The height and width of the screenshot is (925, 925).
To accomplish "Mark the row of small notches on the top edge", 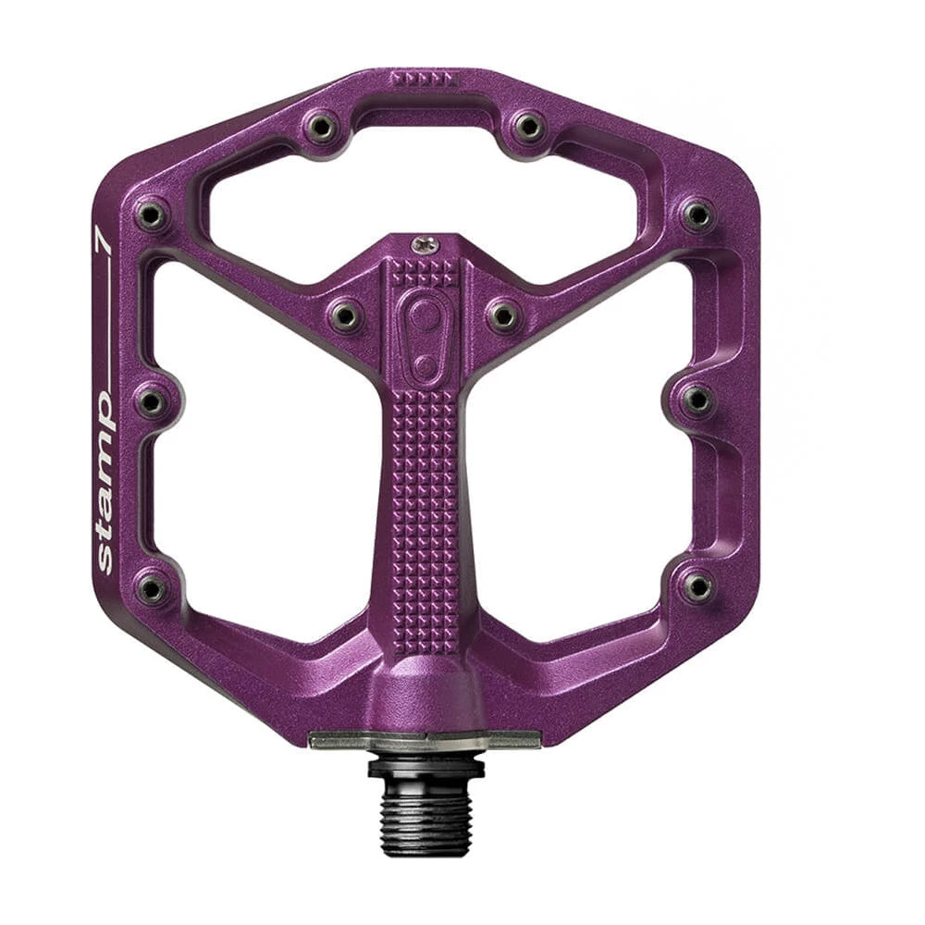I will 423,80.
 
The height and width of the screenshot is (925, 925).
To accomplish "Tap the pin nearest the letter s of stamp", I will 152,586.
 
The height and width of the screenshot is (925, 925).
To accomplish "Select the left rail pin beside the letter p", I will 152,402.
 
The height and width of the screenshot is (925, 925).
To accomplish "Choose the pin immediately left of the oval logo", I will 344,315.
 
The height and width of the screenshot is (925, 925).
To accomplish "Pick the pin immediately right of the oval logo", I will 503,315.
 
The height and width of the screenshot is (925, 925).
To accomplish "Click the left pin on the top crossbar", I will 321,126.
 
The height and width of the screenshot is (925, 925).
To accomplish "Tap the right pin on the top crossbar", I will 528,126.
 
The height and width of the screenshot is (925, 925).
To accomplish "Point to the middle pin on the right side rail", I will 698,400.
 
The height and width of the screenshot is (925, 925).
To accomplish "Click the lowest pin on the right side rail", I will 698,586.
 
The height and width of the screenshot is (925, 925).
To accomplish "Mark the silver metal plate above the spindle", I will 425,739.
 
